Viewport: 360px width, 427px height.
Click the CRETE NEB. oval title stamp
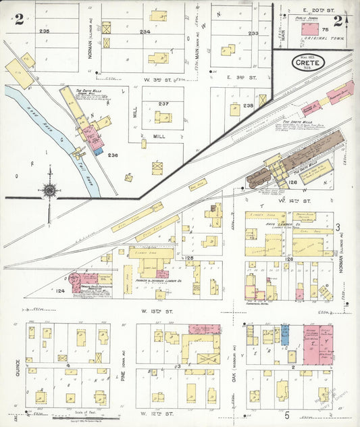click(308, 63)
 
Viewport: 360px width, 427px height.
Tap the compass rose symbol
click(49, 190)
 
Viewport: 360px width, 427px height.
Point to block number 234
click(145, 31)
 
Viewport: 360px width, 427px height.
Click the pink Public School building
click(309, 29)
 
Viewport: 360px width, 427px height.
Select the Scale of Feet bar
click(78, 418)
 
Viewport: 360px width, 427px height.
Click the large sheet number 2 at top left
click(19, 19)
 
